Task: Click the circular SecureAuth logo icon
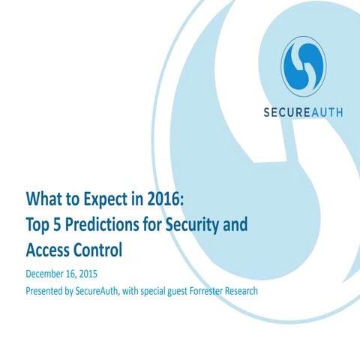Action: [x=304, y=66]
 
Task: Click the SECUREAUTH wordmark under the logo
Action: [x=304, y=114]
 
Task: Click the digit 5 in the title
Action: [x=63, y=223]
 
